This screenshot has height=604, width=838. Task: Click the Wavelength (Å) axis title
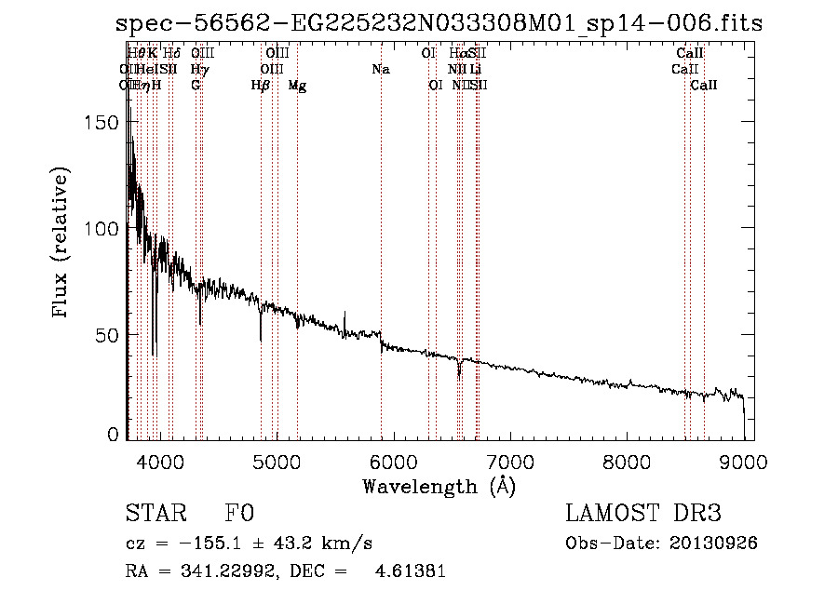[x=439, y=486]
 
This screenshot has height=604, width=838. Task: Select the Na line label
[x=380, y=69]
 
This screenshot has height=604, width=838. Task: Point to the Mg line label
[x=297, y=86]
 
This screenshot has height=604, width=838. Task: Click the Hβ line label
[x=261, y=86]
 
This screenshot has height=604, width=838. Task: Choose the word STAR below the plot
[x=153, y=515]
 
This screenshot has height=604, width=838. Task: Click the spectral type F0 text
[x=239, y=515]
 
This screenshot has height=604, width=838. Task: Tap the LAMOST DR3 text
[x=643, y=514]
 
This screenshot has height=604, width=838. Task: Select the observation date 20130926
[x=715, y=543]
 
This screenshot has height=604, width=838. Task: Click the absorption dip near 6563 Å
[x=459, y=372]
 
